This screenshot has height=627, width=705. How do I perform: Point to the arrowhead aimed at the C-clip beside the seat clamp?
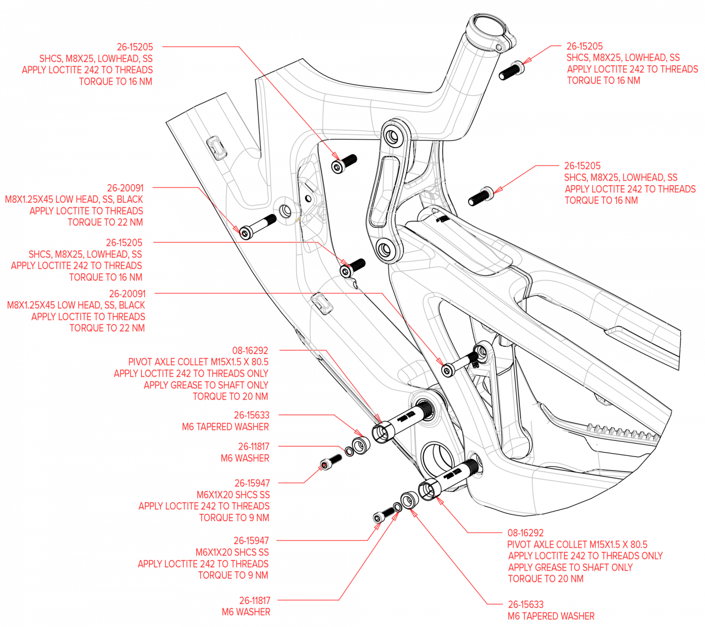pyautogui.click(x=525, y=62)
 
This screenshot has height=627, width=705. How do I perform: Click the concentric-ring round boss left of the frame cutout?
pyautogui.click(x=284, y=211)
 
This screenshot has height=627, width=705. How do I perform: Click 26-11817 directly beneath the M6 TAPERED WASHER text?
pyautogui.click(x=253, y=447)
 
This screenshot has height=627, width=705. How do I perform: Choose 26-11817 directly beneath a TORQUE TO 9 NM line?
pyautogui.click(x=254, y=601)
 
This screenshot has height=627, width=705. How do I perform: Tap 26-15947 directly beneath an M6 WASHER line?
pyautogui.click(x=252, y=483)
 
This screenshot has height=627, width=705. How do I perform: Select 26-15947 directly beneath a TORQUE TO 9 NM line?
pyautogui.click(x=251, y=541)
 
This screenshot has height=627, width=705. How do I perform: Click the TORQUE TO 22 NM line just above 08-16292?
pyautogui.click(x=107, y=328)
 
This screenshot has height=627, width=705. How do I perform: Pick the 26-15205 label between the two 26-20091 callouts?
pyautogui.click(x=124, y=243)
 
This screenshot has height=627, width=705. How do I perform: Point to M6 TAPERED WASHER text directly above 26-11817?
pyautogui.click(x=225, y=427)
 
